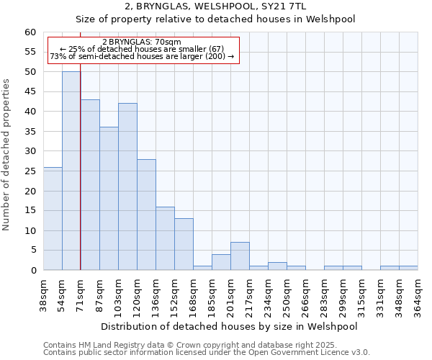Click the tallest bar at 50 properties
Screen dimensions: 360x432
[71, 171]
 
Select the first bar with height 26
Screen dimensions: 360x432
[53, 218]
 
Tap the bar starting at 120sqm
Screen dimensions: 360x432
[146, 215]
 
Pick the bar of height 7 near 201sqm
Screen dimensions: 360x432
[240, 256]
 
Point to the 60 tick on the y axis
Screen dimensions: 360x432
[30, 32]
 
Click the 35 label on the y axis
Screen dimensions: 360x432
[30, 132]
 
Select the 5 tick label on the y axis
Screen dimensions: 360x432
[33, 251]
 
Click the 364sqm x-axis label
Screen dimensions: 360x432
[420, 295]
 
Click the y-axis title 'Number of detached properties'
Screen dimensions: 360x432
[7, 155]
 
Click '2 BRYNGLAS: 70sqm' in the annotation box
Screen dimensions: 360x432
[141, 42]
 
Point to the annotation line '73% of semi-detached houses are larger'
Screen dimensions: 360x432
[141, 56]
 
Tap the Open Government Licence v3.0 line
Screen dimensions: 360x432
[206, 352]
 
